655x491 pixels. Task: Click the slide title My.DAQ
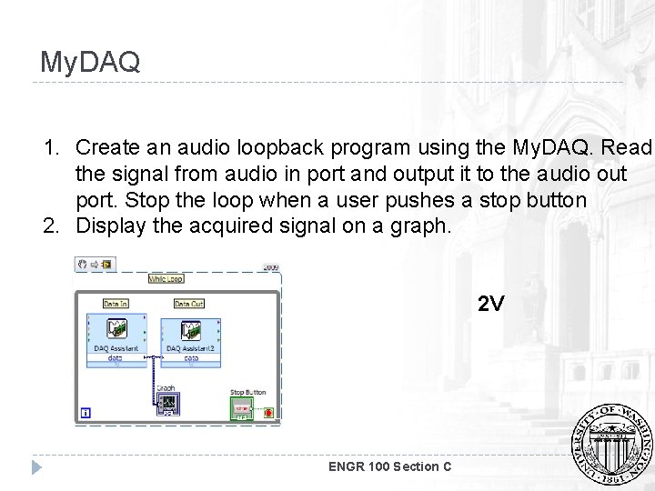pos(90,62)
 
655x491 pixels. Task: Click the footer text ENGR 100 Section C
pos(392,466)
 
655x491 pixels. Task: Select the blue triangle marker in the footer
pos(36,467)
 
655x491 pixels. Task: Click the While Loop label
pos(166,279)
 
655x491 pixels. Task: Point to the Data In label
pos(116,304)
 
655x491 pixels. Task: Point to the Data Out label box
pos(189,304)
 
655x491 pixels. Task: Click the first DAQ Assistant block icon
pos(116,330)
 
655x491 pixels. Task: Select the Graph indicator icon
pos(168,401)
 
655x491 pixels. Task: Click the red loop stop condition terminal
pos(268,412)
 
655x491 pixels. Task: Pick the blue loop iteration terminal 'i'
pos(86,412)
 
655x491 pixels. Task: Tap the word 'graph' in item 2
pos(421,224)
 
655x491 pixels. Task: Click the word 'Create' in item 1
pos(106,147)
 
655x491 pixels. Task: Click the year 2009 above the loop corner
pos(270,267)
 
